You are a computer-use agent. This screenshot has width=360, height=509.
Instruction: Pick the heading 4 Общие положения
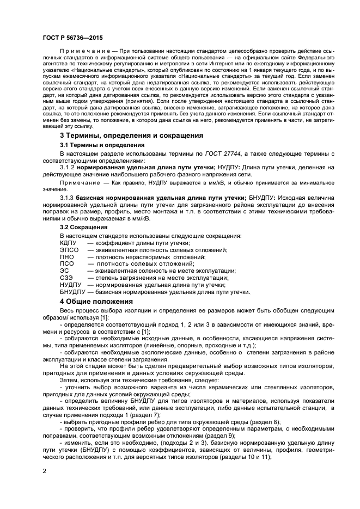pyautogui.click(x=96, y=301)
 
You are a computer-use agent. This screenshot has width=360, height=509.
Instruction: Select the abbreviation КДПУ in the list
pyautogui.click(x=69, y=243)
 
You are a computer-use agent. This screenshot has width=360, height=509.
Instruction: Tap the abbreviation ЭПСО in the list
pyautogui.click(x=69, y=250)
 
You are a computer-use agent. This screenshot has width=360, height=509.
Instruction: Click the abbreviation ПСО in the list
pyautogui.click(x=66, y=264)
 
